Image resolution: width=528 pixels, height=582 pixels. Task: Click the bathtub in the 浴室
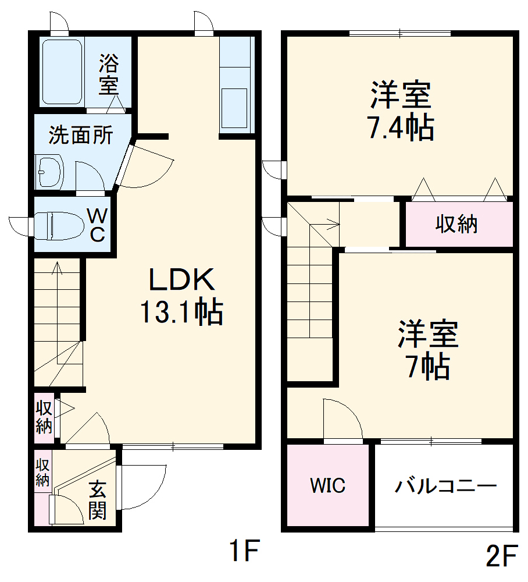click(62, 72)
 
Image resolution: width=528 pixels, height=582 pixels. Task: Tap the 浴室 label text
click(108, 74)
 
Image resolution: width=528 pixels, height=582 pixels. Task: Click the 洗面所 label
click(80, 136)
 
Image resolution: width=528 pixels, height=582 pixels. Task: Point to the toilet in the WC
click(58, 225)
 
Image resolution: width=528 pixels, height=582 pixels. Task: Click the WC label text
click(97, 226)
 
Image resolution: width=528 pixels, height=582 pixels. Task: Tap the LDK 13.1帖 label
click(181, 297)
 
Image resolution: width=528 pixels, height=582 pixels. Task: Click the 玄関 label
click(98, 501)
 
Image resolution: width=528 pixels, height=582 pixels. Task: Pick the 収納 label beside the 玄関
click(42, 472)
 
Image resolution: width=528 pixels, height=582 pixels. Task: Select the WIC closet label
click(327, 485)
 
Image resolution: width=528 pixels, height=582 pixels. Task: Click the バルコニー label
click(445, 485)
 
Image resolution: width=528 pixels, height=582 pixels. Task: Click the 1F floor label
click(242, 551)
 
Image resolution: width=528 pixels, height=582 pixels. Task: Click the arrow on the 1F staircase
click(57, 269)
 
